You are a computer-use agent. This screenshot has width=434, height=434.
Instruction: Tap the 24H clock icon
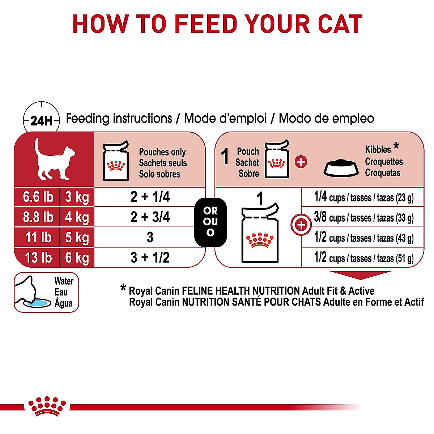pyautogui.click(x=41, y=120)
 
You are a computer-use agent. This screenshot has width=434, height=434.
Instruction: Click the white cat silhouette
pyautogui.click(x=54, y=159)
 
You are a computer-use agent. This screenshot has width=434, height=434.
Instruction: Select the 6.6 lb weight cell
pyautogui.click(x=38, y=197)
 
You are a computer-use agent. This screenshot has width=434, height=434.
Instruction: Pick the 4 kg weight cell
pyautogui.click(x=77, y=217)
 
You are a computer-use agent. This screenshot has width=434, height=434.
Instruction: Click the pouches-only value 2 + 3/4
pyautogui.click(x=150, y=217)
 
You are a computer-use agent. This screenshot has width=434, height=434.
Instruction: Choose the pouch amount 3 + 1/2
pyautogui.click(x=150, y=258)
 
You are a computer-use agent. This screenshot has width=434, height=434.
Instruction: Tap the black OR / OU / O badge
pyautogui.click(x=210, y=222)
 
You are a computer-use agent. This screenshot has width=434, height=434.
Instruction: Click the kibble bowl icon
pyautogui.click(x=341, y=168)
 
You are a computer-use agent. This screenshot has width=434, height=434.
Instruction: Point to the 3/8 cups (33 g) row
pyautogui.click(x=363, y=217)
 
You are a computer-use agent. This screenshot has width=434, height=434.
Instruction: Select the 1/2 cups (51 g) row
pyautogui.click(x=363, y=258)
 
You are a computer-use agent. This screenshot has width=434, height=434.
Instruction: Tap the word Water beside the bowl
pyautogui.click(x=64, y=281)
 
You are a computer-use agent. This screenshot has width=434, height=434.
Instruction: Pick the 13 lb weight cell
pyautogui.click(x=38, y=258)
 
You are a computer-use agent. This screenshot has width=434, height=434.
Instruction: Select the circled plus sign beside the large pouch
pyautogui.click(x=301, y=225)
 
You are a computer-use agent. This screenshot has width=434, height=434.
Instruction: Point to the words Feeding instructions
pyautogui.click(x=119, y=119)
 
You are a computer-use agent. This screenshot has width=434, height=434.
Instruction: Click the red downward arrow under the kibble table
pyautogui.click(x=365, y=275)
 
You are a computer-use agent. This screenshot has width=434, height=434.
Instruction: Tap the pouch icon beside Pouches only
pyautogui.click(x=116, y=161)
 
